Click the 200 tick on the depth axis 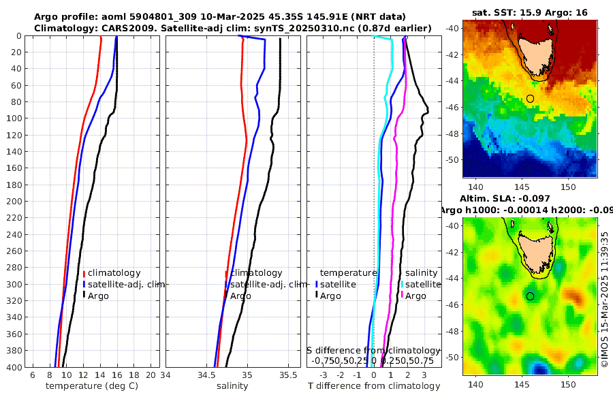coord(13,202)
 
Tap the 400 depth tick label coord(13,367)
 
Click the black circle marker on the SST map coord(530,99)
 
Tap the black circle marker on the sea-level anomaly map coord(530,296)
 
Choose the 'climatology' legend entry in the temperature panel coord(114,273)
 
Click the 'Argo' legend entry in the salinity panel coord(240,296)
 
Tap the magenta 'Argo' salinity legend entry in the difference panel coord(415,296)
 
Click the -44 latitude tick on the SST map coord(452,81)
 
